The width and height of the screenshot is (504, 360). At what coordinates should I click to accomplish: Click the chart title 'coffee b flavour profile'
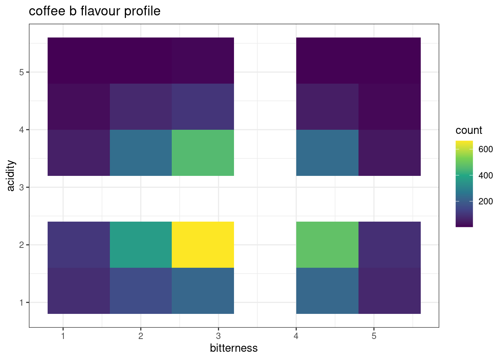tap(94, 11)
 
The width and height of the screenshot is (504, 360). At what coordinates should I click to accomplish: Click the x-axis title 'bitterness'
tap(234, 348)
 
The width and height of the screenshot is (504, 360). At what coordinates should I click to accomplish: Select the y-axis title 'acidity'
tap(11, 175)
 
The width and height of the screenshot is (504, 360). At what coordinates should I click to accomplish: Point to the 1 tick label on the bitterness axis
tap(63, 336)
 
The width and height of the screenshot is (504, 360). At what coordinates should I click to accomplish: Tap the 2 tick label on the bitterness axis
tap(141, 336)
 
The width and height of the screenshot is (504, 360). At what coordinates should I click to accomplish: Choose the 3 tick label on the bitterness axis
tap(218, 336)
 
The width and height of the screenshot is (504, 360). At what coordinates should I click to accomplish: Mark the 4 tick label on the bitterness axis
tap(296, 336)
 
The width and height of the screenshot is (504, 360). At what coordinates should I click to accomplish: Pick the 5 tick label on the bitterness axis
tap(374, 336)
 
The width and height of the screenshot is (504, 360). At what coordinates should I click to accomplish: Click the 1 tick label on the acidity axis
tap(21, 302)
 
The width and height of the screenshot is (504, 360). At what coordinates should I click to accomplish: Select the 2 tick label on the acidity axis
tap(21, 245)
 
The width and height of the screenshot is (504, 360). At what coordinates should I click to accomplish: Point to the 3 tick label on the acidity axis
tap(21, 187)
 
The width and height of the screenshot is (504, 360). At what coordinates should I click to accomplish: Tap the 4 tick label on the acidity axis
tap(21, 130)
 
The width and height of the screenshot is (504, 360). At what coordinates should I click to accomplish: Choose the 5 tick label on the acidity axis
tap(21, 72)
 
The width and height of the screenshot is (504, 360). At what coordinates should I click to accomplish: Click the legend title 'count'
tap(469, 130)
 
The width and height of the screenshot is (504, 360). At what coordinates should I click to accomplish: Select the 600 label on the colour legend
tap(486, 149)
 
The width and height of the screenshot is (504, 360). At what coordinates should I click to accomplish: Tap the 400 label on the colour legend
tap(486, 175)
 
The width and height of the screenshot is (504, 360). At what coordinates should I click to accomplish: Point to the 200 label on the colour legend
tap(486, 201)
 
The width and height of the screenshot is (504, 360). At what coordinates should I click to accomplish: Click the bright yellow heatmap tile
tap(203, 244)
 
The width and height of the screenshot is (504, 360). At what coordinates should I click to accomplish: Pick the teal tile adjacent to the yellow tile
tap(141, 244)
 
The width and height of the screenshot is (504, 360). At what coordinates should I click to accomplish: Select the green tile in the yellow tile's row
tap(327, 244)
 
